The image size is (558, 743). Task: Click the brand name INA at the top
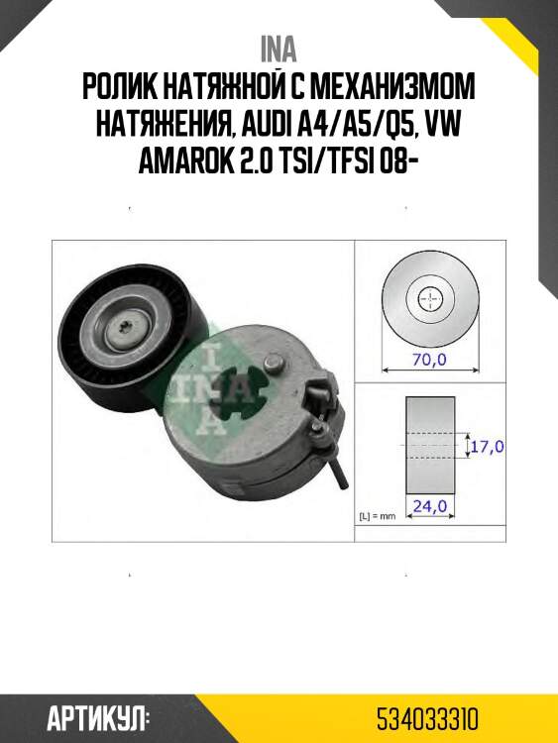(x=279, y=48)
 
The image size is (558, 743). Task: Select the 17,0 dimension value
(x=486, y=447)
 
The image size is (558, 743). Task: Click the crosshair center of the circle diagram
(x=429, y=298)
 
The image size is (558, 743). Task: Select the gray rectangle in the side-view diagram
(x=430, y=447)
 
